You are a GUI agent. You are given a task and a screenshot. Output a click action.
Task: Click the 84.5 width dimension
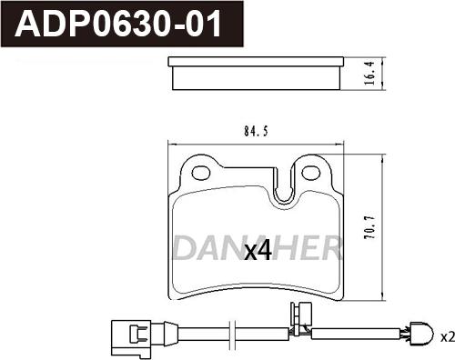pos(256,129)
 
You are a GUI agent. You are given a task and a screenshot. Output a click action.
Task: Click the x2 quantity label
pos(446,336)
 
